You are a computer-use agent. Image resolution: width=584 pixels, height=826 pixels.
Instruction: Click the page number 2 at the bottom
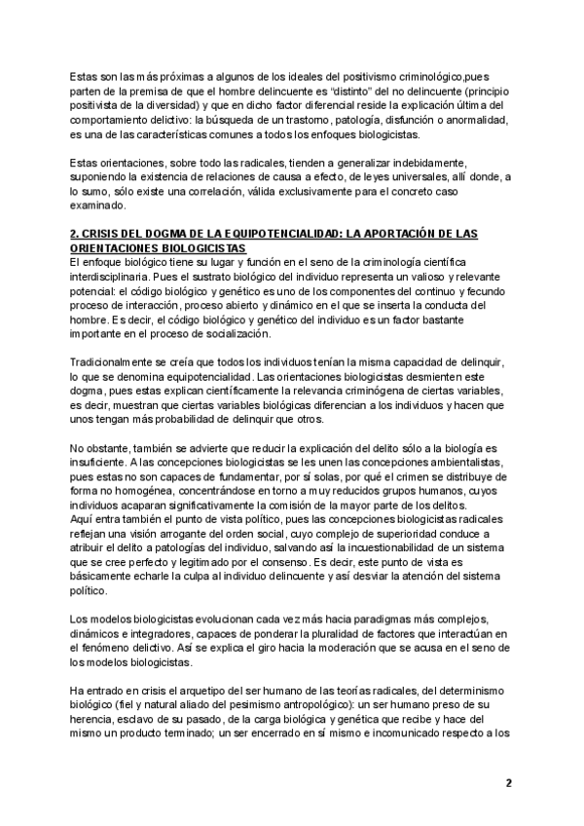point(508,782)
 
